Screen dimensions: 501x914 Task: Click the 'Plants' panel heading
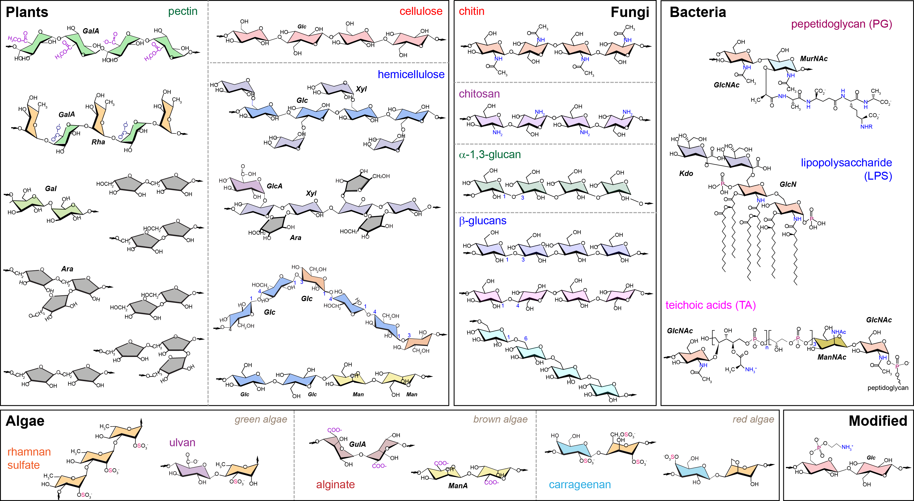click(x=27, y=12)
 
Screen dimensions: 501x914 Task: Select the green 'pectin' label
click(x=183, y=11)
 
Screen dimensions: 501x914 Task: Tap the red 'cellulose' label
click(x=421, y=11)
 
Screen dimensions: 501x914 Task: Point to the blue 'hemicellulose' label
click(x=411, y=74)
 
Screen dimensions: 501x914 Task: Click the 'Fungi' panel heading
click(x=630, y=12)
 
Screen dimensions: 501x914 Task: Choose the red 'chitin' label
click(x=472, y=11)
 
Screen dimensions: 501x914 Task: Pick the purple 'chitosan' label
click(x=479, y=94)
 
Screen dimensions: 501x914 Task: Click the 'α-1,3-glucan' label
click(x=490, y=155)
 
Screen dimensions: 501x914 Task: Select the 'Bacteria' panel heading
click(x=697, y=12)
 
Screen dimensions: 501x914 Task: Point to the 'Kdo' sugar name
click(x=686, y=174)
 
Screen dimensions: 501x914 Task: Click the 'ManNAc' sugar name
click(x=832, y=357)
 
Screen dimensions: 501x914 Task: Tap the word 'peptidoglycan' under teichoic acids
click(x=888, y=388)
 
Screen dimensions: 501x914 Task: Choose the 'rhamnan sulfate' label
click(x=29, y=458)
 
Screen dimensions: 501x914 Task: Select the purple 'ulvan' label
click(x=182, y=443)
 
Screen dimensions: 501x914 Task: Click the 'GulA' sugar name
click(x=357, y=444)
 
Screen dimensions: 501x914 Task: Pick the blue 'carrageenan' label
click(x=580, y=485)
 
